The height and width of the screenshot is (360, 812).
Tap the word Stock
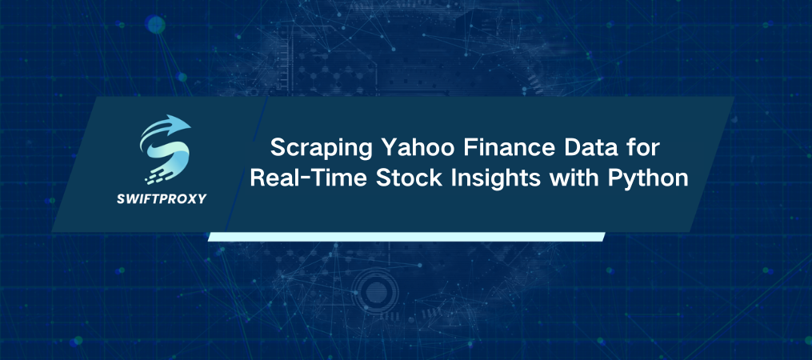(x=385, y=179)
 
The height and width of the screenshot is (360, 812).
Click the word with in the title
(x=546, y=179)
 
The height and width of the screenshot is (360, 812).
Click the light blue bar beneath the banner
(x=406, y=237)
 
